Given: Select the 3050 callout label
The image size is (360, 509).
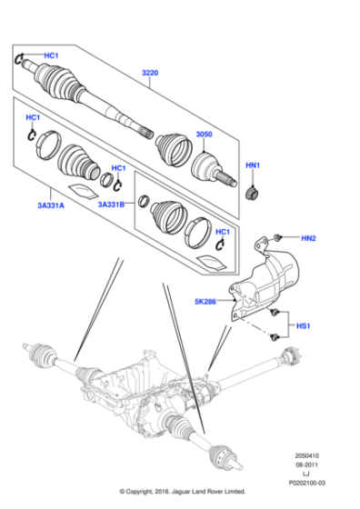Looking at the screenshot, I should (204, 135).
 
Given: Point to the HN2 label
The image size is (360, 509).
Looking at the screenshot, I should (308, 238).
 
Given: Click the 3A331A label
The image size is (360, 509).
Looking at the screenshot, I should (50, 205).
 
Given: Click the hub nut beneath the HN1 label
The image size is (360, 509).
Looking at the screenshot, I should (255, 193).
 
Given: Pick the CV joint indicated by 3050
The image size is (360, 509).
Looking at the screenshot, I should (215, 170).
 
